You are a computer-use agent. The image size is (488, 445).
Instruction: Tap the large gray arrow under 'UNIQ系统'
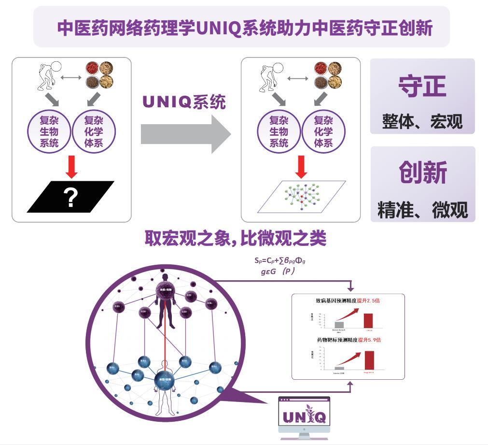tap(186, 134)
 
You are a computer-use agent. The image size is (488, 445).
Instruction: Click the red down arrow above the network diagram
tap(301, 166)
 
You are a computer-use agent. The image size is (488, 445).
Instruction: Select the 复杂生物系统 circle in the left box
tap(49, 131)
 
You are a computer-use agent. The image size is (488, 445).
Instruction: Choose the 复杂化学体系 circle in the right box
tap(323, 131)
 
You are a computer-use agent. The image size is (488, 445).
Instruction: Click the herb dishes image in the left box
tap(99, 74)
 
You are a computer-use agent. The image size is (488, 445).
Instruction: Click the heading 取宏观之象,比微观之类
tap(236, 238)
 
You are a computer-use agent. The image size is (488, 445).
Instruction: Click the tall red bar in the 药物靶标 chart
tap(369, 360)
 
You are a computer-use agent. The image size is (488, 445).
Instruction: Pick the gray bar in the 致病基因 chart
tap(339, 324)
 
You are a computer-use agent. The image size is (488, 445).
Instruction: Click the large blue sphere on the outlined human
tap(164, 380)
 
